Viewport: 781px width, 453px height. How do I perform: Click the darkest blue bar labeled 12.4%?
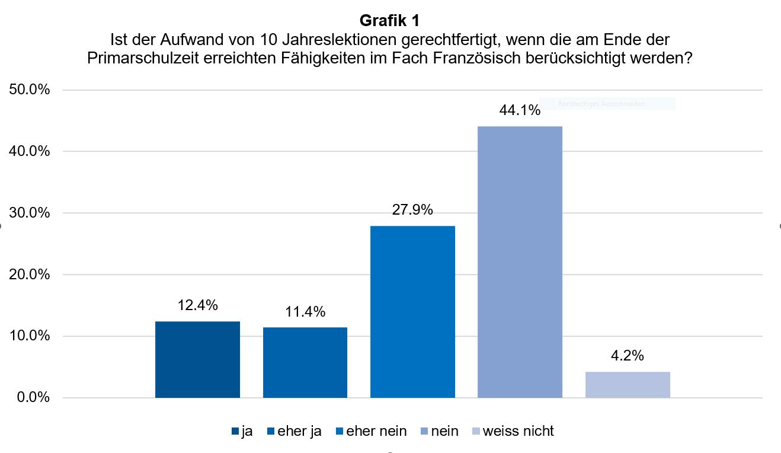[x=197, y=359]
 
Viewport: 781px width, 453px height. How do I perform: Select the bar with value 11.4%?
[x=305, y=362]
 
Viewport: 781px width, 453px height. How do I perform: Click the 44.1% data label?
[x=520, y=110]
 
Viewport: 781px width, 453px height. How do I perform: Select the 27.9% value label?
[x=412, y=210]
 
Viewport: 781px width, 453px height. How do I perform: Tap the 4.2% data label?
[x=627, y=356]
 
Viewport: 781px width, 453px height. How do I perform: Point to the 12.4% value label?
[x=197, y=305]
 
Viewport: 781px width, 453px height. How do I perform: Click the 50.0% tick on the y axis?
[x=29, y=90]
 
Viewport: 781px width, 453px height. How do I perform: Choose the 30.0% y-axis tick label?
[x=29, y=213]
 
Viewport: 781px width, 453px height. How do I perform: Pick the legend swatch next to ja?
[x=235, y=432]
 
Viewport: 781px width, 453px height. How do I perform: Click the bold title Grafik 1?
[x=389, y=21]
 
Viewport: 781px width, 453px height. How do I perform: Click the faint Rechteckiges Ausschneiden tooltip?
[x=607, y=104]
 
